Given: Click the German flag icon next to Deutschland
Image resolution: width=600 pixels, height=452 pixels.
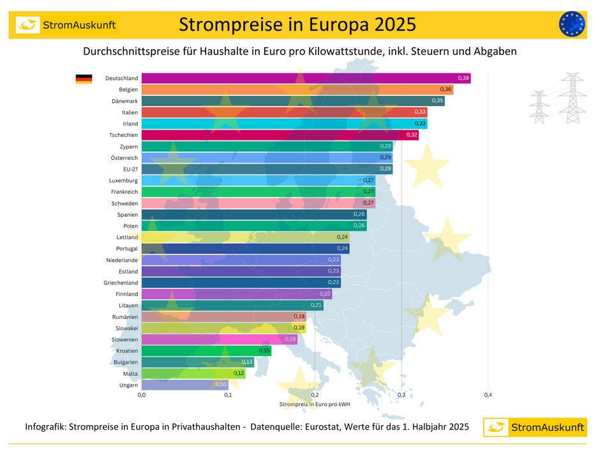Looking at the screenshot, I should click(x=84, y=79).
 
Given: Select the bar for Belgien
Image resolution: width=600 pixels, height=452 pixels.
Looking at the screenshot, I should click(x=297, y=90).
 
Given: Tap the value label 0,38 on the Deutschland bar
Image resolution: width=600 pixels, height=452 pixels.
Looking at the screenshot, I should click(x=463, y=78).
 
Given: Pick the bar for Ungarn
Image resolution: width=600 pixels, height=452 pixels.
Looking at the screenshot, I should click(x=184, y=385).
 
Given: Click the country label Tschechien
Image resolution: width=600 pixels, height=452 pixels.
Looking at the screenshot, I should click(x=123, y=135).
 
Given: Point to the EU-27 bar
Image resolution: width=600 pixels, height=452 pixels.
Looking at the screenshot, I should click(x=267, y=169).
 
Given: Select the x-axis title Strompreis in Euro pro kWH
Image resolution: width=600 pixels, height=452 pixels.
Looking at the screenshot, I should click(x=315, y=404).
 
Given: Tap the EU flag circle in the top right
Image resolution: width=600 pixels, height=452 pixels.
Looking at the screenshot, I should click(x=571, y=24).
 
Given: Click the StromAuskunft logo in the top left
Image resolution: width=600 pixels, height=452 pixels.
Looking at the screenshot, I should click(x=67, y=25).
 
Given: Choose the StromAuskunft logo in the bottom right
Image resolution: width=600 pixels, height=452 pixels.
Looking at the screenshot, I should click(x=535, y=427).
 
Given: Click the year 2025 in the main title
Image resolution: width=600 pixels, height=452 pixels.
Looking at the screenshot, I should click(x=387, y=24).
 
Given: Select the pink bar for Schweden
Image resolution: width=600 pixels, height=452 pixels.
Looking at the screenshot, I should click(x=258, y=203).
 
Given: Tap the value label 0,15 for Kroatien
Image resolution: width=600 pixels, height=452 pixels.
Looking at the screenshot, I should click(x=264, y=350).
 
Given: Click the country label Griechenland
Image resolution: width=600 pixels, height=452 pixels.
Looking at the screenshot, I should click(x=121, y=283).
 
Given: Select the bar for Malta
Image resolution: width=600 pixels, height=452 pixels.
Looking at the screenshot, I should click(x=193, y=373).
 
